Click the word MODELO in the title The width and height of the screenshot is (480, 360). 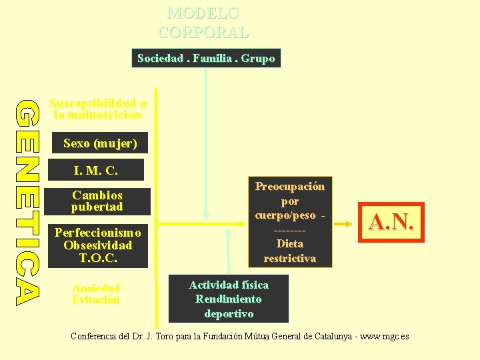pos(203,13)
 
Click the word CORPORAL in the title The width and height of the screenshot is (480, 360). pos(203,32)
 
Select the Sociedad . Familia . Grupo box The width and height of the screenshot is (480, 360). pos(206,59)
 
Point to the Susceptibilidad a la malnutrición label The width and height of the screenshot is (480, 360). pos(98,109)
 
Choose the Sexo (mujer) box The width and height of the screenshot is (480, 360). pos(100,143)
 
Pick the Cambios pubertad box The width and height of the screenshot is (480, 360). pos(97,201)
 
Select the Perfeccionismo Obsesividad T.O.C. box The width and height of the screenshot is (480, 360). pos(97,245)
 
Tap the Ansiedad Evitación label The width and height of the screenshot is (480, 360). pos(96,294)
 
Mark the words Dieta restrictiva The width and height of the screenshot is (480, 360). pos(290,251)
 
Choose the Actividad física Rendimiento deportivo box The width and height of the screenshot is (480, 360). pos(229,299)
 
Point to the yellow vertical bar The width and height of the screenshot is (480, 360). pos(156,200)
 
